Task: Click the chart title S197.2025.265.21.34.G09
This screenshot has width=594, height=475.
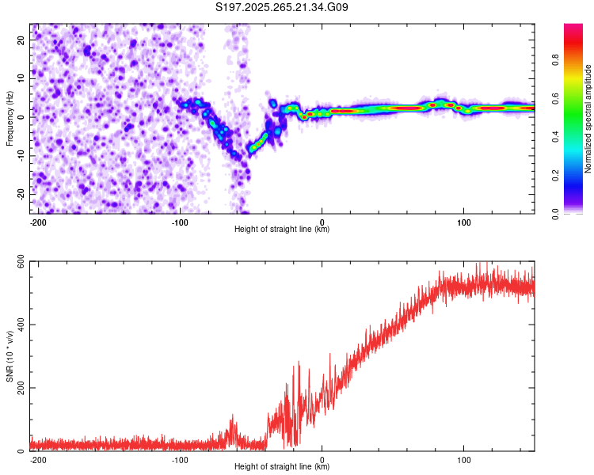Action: click(x=282, y=8)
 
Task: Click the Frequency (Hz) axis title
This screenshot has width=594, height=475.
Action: click(x=10, y=118)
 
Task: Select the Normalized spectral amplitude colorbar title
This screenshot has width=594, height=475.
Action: click(x=588, y=119)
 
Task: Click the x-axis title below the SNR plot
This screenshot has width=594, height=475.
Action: click(x=282, y=467)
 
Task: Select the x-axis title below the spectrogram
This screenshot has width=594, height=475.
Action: click(x=282, y=230)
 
